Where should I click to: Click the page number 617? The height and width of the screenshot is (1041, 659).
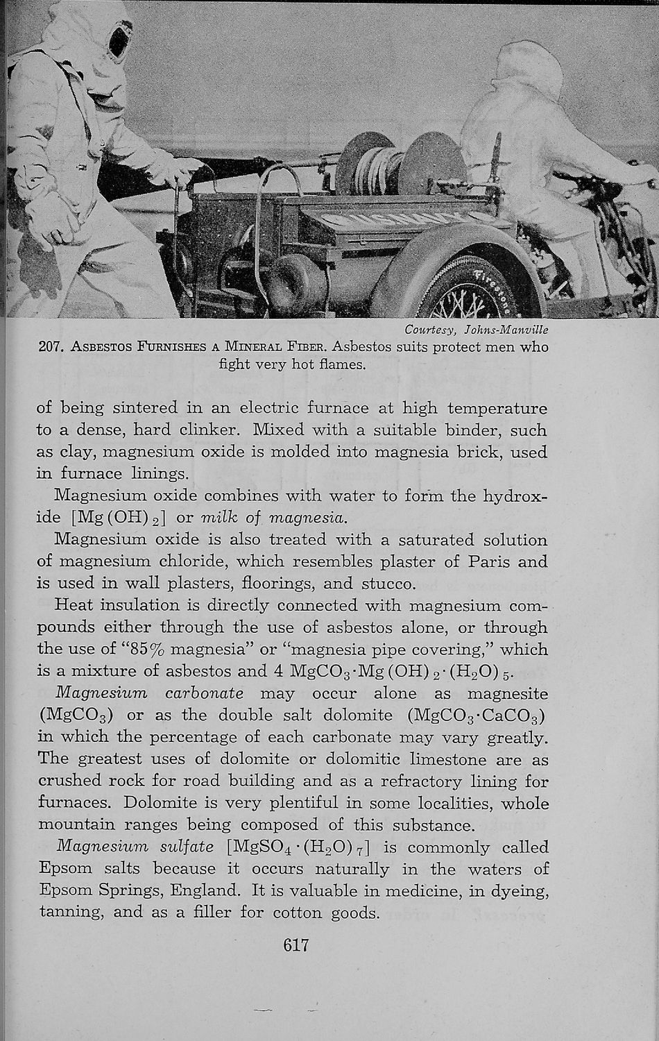(296, 945)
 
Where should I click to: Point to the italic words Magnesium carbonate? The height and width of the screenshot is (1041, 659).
(148, 693)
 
